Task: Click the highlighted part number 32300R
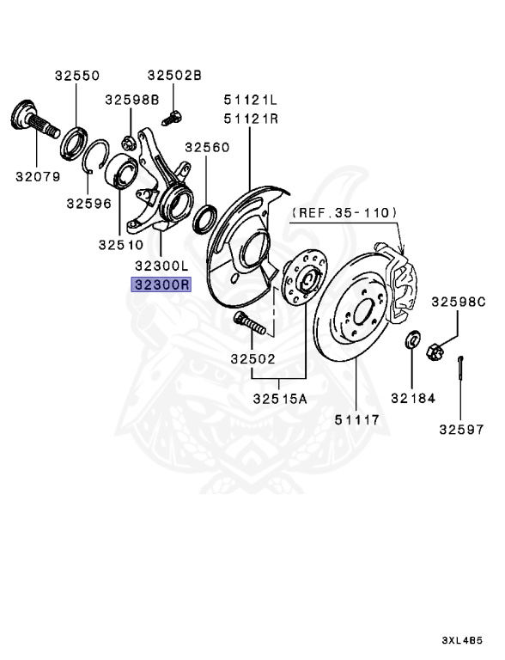click(x=161, y=284)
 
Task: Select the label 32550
click(x=77, y=76)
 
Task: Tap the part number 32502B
click(x=174, y=76)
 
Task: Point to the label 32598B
click(x=132, y=100)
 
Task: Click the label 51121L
click(x=251, y=100)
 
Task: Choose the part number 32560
click(x=208, y=147)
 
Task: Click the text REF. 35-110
click(x=344, y=212)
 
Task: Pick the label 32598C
click(x=459, y=302)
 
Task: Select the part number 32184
click(x=413, y=398)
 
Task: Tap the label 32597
click(x=462, y=430)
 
